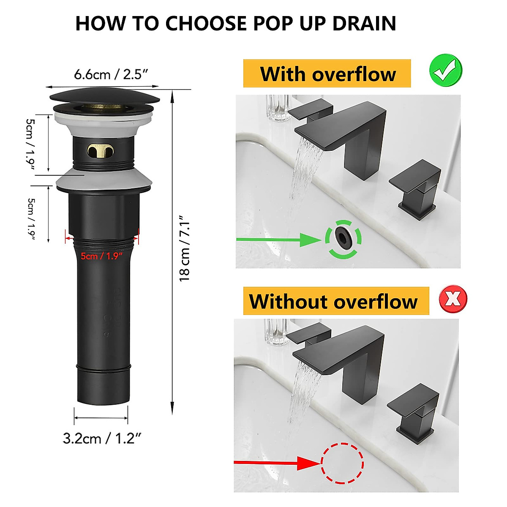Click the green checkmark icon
click(x=445, y=71)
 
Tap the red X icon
click(x=453, y=299)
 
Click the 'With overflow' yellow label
click(x=327, y=74)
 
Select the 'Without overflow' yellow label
click(x=333, y=301)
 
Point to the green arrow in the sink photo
click(x=279, y=240)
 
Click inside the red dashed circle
click(x=342, y=463)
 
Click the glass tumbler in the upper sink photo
click(x=278, y=108)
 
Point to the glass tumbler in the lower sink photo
click(x=276, y=332)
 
